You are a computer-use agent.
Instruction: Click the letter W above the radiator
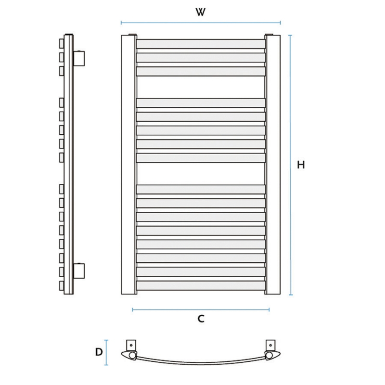click(200, 12)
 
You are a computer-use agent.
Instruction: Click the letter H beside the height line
click(301, 165)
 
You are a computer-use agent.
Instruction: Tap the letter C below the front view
click(201, 319)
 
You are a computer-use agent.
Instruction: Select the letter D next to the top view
click(99, 352)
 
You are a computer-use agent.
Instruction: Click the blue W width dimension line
click(201, 23)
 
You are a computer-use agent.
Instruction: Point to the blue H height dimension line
click(291, 165)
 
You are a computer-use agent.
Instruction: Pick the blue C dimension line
click(201, 309)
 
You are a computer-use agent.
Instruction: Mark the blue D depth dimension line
click(106, 352)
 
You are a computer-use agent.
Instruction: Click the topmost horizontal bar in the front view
click(201, 44)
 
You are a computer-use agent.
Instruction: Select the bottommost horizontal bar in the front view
click(201, 285)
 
